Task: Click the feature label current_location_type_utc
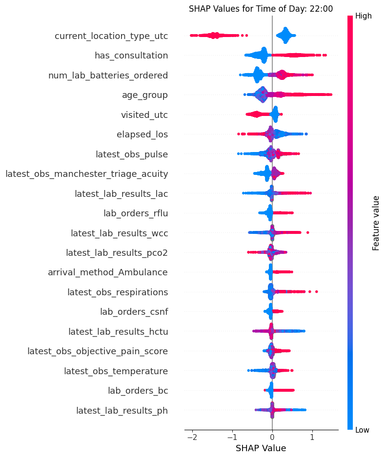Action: [111, 36]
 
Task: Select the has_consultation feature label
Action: [131, 56]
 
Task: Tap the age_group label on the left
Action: [145, 95]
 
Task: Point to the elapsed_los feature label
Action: [142, 134]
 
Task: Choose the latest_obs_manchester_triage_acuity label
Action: [87, 173]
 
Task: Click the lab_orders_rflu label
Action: [136, 213]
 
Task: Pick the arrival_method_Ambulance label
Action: [108, 272]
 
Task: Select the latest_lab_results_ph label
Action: [122, 410]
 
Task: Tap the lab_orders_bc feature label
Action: [138, 390]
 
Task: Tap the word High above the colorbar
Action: [364, 16]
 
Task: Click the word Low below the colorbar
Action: [363, 430]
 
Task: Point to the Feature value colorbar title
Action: [376, 223]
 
